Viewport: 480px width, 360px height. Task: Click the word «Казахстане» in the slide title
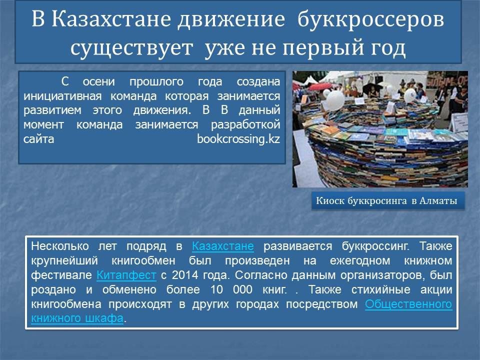[111, 19]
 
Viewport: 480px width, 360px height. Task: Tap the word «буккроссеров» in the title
[370, 19]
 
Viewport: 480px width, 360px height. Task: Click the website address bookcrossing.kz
[238, 139]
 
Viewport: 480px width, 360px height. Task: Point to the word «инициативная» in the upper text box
[62, 96]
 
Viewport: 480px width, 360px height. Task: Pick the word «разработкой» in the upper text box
[245, 124]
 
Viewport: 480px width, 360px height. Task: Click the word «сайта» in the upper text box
[38, 139]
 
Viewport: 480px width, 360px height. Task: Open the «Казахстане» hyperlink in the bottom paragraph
[223, 246]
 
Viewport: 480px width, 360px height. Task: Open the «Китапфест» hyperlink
[126, 275]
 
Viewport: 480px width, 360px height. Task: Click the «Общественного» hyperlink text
[408, 304]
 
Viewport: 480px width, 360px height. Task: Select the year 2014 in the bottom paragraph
[184, 275]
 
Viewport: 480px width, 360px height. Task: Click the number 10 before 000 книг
[216, 289]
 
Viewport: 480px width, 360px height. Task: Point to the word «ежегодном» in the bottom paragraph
[360, 260]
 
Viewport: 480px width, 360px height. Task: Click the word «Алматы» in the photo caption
[438, 201]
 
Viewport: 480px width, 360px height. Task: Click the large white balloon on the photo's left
[335, 100]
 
